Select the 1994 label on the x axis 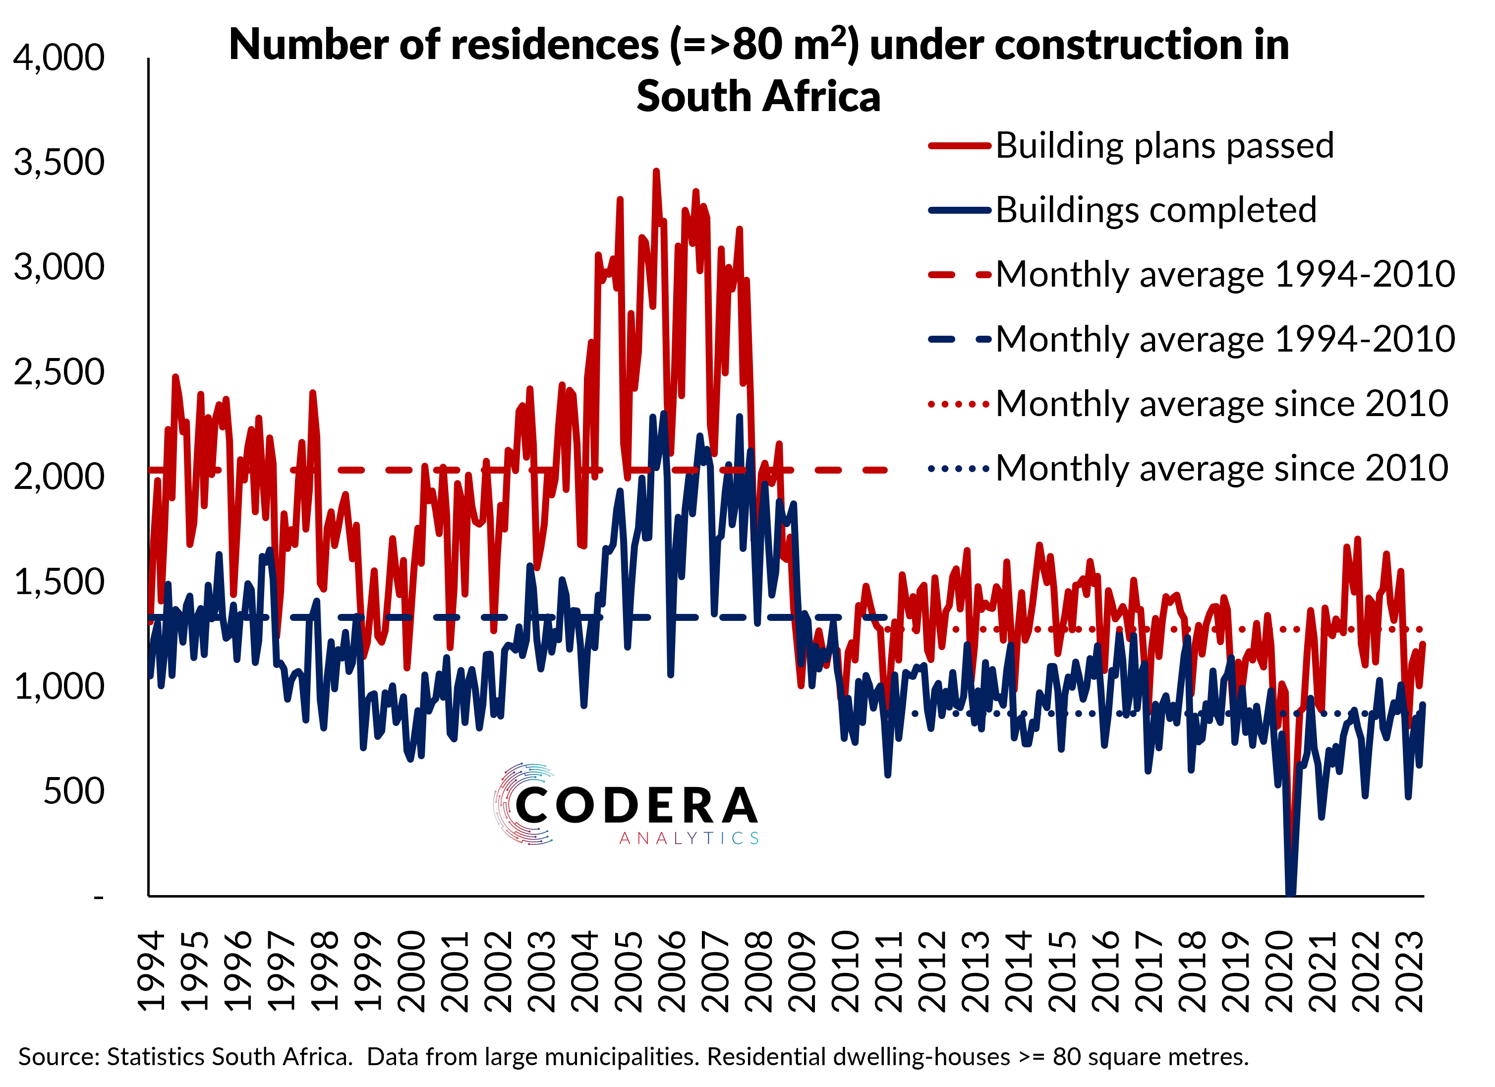152,971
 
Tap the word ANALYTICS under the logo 690,839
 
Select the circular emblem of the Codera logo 521,803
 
